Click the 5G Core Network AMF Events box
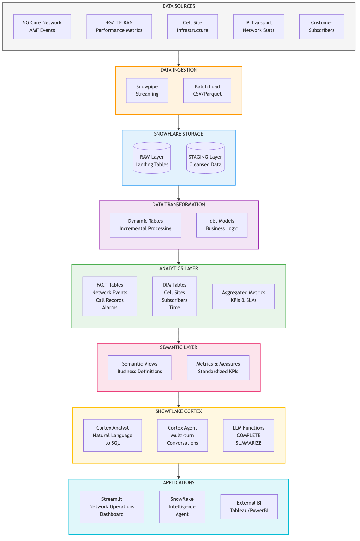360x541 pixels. [x=42, y=27]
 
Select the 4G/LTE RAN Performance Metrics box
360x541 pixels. [x=119, y=27]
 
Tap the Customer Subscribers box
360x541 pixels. [x=322, y=27]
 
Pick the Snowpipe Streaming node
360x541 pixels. [x=147, y=90]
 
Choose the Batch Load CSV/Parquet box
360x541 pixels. [x=207, y=90]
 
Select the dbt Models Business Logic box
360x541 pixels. [x=222, y=225]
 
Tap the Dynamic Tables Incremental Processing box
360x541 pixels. [x=145, y=225]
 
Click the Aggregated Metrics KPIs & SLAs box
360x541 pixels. [x=243, y=296]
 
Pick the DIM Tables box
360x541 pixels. [x=175, y=296]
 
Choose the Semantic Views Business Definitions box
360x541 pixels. [x=140, y=367]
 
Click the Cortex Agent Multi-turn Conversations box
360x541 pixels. [x=183, y=435]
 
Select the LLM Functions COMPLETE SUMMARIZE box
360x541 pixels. [x=248, y=435]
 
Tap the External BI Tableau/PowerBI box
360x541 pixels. [x=249, y=506]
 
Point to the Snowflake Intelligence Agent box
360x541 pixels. [x=182, y=506]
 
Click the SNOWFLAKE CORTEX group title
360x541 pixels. [x=179, y=411]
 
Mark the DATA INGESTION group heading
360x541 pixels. [x=179, y=70]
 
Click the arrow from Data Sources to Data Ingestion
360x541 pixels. [x=179, y=59]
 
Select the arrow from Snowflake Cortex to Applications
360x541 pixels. [x=179, y=471]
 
